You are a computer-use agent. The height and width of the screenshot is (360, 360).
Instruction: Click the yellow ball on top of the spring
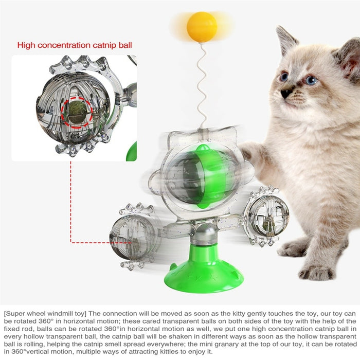pos(202,27)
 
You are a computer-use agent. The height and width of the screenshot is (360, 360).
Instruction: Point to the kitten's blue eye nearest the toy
pos(284,77)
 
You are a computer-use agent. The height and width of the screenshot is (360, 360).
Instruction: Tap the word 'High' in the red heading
pos(26,45)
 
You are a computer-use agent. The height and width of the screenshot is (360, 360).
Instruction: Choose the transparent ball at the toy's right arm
pos(266,216)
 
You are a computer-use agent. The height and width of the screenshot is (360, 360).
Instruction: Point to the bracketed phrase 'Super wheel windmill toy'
pos(44,313)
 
